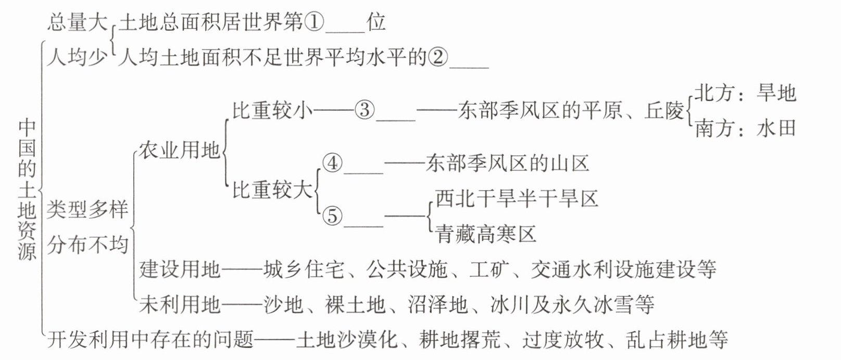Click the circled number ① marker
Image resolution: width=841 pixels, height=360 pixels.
314,22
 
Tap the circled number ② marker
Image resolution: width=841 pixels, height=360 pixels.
438,58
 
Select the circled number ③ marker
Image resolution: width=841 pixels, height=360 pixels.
365,110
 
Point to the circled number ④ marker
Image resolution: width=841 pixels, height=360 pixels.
333,163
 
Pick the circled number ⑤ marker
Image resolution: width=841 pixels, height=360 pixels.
333,216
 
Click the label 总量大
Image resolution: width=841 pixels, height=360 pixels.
78,22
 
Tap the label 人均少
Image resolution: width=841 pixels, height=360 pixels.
78,58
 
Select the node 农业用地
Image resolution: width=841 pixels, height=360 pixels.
180,151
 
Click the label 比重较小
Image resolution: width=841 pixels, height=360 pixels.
272,110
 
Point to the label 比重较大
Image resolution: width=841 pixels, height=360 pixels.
272,190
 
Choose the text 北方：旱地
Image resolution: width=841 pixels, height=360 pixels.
745,93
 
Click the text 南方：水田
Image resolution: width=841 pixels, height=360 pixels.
745,129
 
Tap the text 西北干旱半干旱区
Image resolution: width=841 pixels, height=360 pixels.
517,199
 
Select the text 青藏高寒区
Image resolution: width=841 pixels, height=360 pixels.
486,234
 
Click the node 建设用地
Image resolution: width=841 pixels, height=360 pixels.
180,269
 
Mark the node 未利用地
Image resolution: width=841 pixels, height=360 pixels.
180,304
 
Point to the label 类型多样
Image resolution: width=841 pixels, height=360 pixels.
87,209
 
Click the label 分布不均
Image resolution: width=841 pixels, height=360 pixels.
87,245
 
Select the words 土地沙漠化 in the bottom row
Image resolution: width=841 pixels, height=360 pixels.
347,340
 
